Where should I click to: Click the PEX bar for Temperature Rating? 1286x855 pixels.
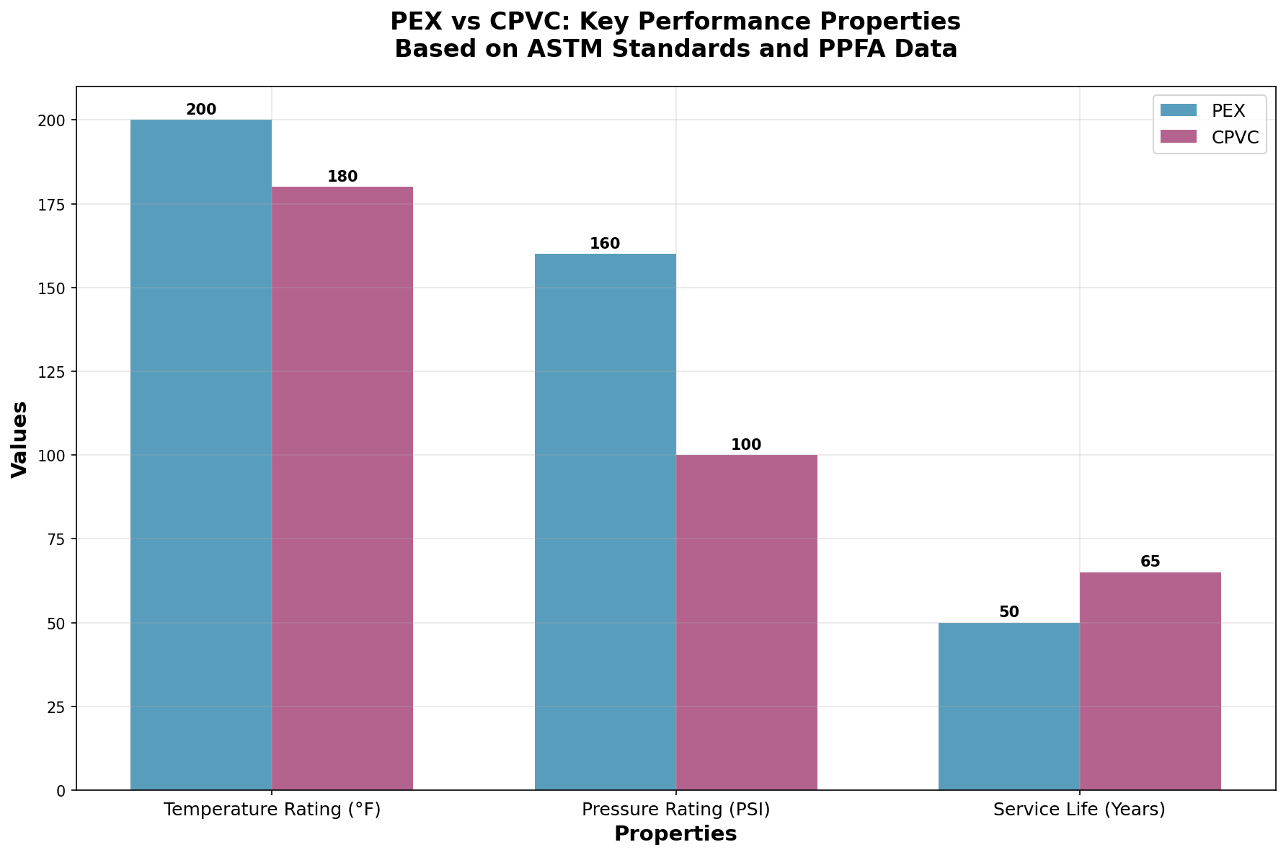pyautogui.click(x=201, y=454)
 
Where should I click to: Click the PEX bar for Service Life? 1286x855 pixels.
pyautogui.click(x=1008, y=706)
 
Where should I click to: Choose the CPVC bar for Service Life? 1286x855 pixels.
pyautogui.click(x=1150, y=681)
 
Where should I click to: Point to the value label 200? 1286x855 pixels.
pyautogui.click(x=201, y=110)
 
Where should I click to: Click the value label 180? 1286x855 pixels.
pyautogui.click(x=342, y=177)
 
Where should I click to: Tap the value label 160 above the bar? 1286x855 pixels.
pyautogui.click(x=605, y=244)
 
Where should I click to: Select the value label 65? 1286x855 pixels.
pyautogui.click(x=1150, y=562)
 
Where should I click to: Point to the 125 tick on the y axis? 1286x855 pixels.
pyautogui.click(x=56, y=372)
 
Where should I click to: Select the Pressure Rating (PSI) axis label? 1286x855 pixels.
pyautogui.click(x=675, y=810)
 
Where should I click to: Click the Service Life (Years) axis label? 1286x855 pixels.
pyautogui.click(x=1079, y=810)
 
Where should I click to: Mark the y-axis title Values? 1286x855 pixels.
pyautogui.click(x=20, y=438)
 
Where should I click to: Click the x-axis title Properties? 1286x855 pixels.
pyautogui.click(x=675, y=834)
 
